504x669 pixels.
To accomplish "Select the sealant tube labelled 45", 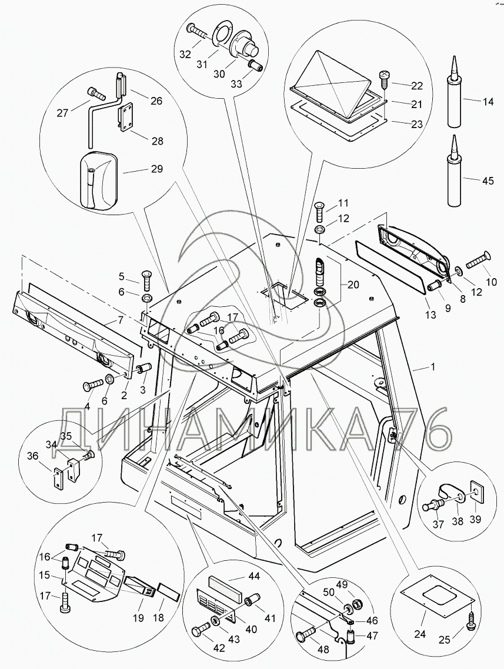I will pyautogui.click(x=453, y=176).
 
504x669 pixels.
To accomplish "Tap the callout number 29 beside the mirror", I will pyautogui.click(x=156, y=169).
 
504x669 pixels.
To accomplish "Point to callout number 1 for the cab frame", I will pyautogui.click(x=433, y=367).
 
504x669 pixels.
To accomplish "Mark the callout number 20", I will pyautogui.click(x=352, y=285).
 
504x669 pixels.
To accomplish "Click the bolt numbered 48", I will pyautogui.click(x=307, y=637).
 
